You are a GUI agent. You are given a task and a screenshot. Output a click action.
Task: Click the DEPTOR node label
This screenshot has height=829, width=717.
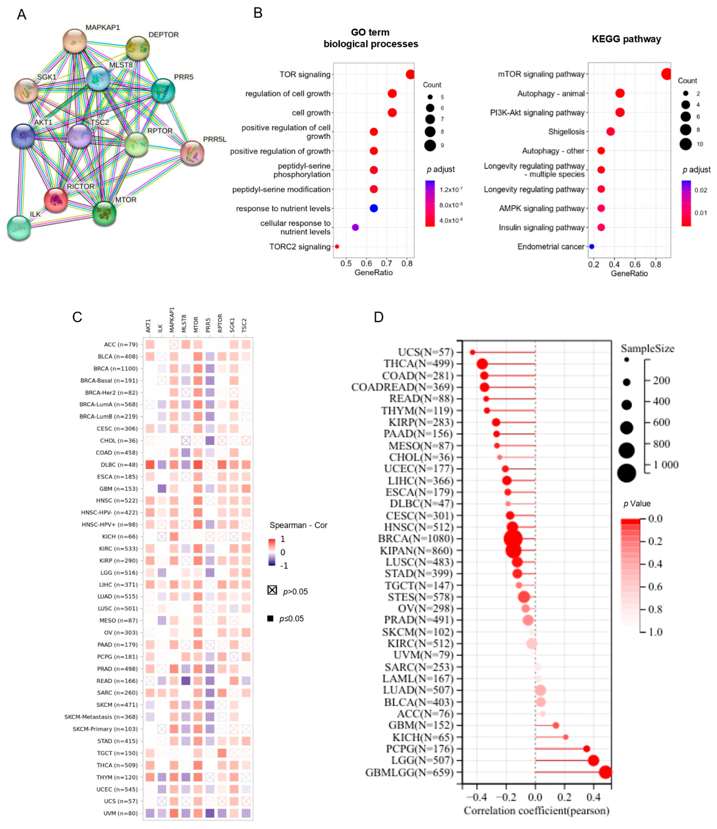163,35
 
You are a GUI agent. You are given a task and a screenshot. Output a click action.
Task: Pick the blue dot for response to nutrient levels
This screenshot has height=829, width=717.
374,208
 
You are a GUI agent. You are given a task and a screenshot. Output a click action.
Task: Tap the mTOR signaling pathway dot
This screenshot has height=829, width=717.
666,74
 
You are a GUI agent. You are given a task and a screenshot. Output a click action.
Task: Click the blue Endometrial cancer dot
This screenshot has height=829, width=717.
591,246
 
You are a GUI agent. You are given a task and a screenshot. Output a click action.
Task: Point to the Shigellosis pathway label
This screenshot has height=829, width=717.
566,132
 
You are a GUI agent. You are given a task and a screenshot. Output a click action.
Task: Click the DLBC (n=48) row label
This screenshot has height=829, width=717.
119,464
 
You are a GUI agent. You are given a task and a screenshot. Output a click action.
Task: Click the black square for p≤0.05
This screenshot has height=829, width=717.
270,619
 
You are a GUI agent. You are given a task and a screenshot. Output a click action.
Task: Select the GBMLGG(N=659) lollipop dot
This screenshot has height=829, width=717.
605,772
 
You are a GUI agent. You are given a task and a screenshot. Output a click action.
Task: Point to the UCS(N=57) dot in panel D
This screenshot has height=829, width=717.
472,352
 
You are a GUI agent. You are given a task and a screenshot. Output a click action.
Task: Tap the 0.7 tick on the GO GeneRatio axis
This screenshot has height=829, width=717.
386,264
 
